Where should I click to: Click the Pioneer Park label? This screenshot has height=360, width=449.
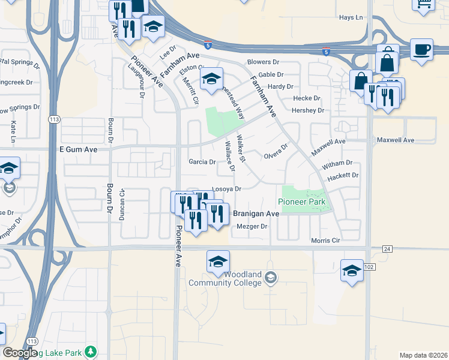301,202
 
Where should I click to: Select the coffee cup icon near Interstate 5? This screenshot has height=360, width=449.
421,50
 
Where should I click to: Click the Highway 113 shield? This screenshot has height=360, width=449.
54,119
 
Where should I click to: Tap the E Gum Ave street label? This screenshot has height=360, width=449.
77,149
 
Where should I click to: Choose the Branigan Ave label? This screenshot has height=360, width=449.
256,214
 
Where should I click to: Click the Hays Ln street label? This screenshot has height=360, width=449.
351,17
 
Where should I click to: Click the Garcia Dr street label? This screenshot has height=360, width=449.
202,162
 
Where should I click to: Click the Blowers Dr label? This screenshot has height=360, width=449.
264,62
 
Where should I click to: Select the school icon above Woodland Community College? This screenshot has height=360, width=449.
218,262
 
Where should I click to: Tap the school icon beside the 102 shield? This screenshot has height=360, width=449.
352,271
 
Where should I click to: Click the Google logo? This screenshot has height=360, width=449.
19,353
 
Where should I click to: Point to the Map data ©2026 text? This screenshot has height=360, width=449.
423,355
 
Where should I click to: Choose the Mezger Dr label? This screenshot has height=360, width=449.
252,226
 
